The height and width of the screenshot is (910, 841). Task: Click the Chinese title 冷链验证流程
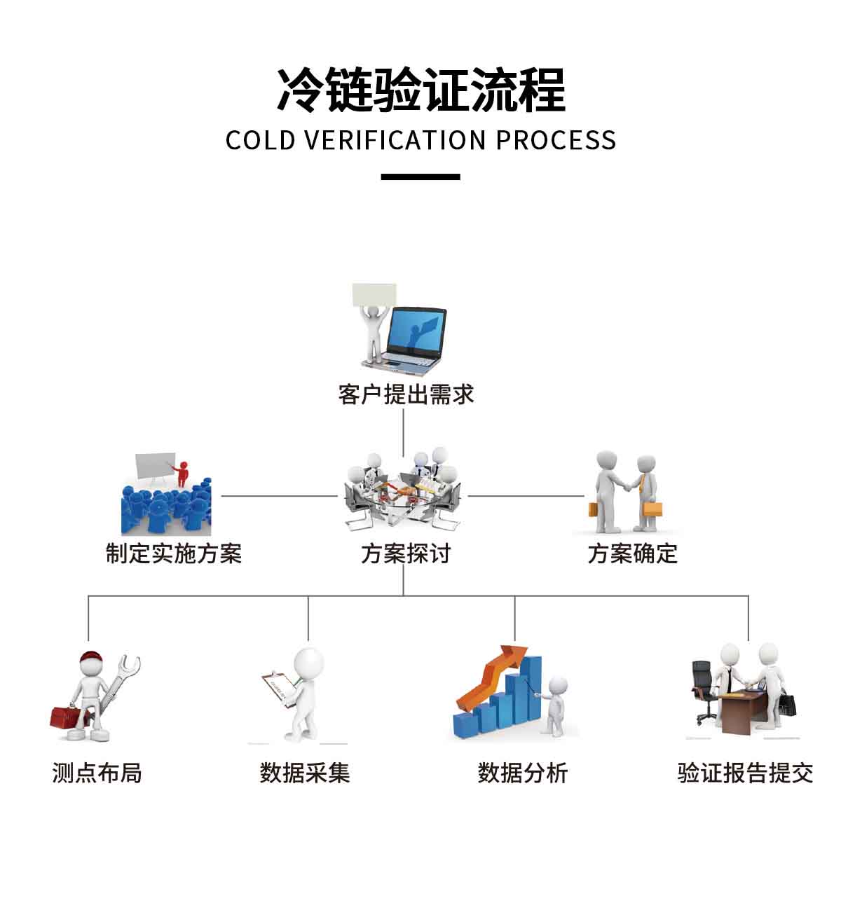pyautogui.click(x=420, y=90)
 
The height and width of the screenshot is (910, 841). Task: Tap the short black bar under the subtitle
pyautogui.click(x=420, y=177)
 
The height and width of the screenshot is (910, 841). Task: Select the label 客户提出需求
pyautogui.click(x=406, y=394)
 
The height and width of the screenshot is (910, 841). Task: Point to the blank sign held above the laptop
pyautogui.click(x=374, y=295)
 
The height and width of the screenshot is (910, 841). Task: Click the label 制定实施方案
pyautogui.click(x=173, y=553)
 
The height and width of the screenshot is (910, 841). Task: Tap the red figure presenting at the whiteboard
pyautogui.click(x=183, y=473)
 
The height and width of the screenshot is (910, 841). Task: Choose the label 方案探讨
pyautogui.click(x=406, y=553)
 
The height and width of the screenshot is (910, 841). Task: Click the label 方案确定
pyautogui.click(x=632, y=553)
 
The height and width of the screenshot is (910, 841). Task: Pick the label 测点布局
pyautogui.click(x=97, y=773)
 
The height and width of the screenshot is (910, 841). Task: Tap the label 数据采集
pyautogui.click(x=304, y=773)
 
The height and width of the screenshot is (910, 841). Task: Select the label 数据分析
pyautogui.click(x=522, y=773)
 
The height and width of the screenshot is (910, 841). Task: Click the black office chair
pyautogui.click(x=704, y=687)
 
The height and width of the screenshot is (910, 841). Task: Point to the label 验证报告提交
pyautogui.click(x=745, y=773)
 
